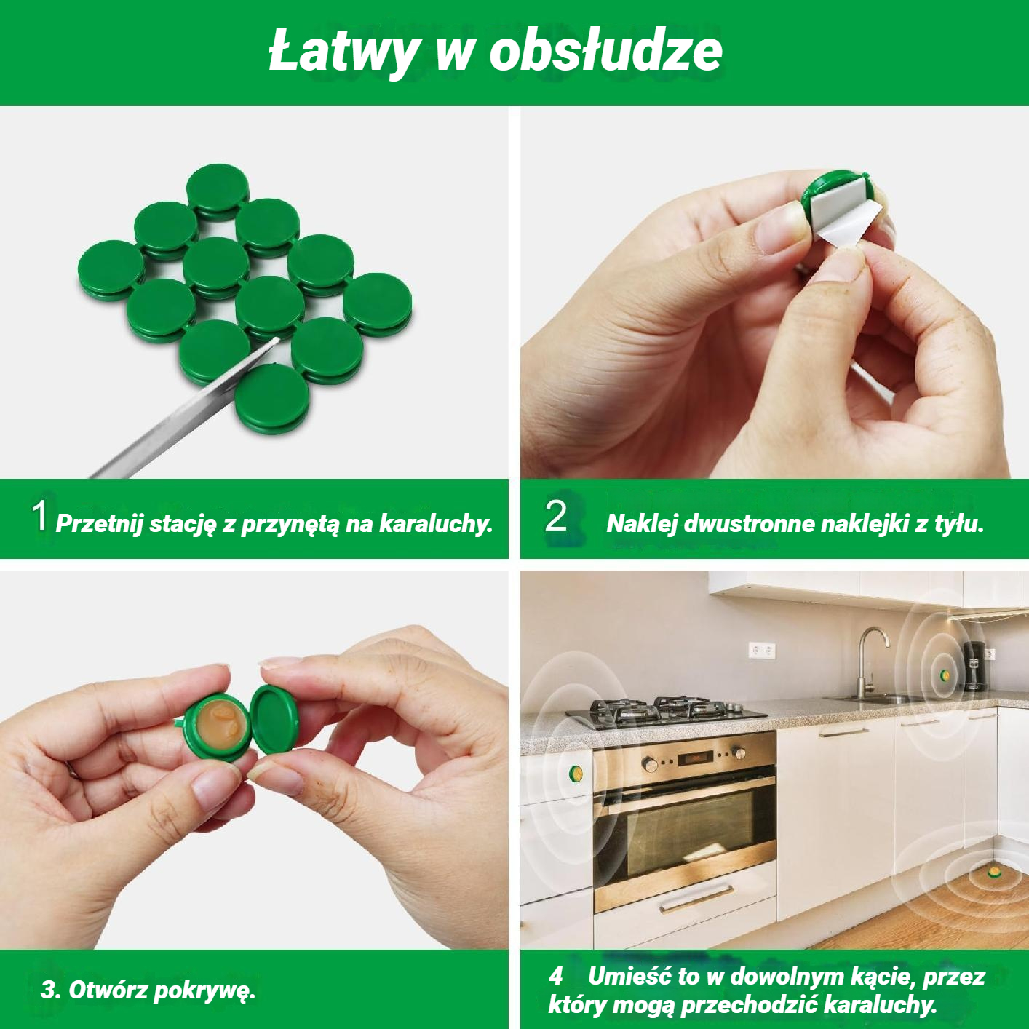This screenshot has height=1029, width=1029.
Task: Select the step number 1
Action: [39, 516]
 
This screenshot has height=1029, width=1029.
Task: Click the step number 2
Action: [555, 517]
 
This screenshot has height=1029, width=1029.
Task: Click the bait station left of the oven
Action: [576, 773]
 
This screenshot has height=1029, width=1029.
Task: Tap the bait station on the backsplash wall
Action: [945, 675]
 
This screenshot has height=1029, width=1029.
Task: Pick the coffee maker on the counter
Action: [974, 666]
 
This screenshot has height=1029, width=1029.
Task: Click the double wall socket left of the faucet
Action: [761, 651]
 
